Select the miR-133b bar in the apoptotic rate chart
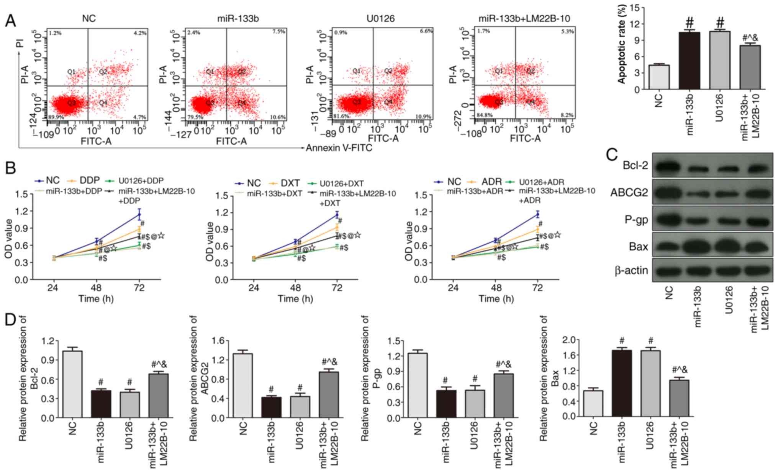(x=689, y=61)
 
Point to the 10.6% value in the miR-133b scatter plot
(x=278, y=117)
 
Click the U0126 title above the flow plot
(x=380, y=18)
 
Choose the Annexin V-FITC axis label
(x=339, y=148)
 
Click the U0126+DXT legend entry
(x=342, y=183)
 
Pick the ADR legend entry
(x=491, y=181)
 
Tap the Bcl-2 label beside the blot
(x=635, y=165)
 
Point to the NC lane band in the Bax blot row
(x=669, y=246)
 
